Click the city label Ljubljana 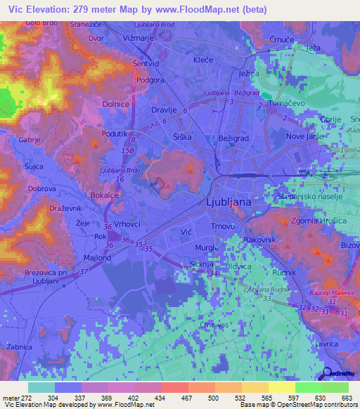228,201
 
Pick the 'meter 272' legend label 14,398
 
